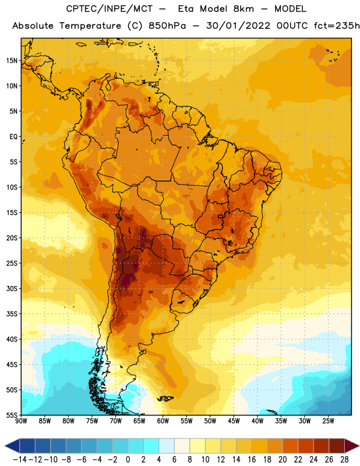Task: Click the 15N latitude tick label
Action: pyautogui.click(x=12, y=61)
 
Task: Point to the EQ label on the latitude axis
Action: pyautogui.click(x=13, y=137)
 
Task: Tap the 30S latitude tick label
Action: pyautogui.click(x=12, y=288)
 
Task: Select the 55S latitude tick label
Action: pyautogui.click(x=12, y=415)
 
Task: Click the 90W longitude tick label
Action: pyautogui.click(x=21, y=421)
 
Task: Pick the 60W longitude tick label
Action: pyautogui.click(x=163, y=421)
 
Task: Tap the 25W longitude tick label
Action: pyautogui.click(x=328, y=421)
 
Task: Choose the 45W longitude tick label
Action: pyautogui.click(x=234, y=421)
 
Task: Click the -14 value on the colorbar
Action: pyautogui.click(x=20, y=460)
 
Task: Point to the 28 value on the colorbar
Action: pyautogui.click(x=344, y=460)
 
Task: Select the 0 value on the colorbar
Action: pyautogui.click(x=128, y=460)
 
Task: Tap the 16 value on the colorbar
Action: pyautogui.click(x=252, y=460)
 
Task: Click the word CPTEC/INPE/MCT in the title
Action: pyautogui.click(x=109, y=9)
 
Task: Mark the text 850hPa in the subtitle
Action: pyautogui.click(x=167, y=26)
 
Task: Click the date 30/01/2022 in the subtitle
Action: pyautogui.click(x=238, y=26)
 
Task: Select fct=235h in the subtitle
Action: pyautogui.click(x=337, y=26)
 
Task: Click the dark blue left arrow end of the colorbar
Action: pyautogui.click(x=12, y=446)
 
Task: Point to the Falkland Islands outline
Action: pyautogui.click(x=165, y=398)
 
